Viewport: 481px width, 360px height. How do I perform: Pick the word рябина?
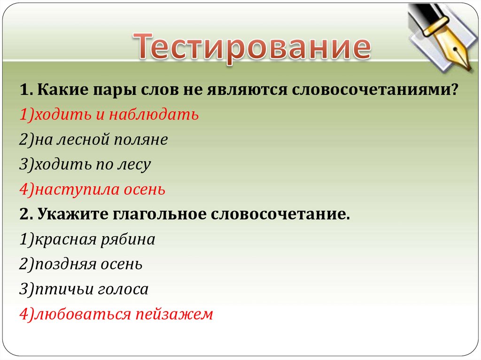[x=127, y=240]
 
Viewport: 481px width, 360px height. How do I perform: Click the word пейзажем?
[x=175, y=314]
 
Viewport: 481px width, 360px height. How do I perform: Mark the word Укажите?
[x=72, y=215]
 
